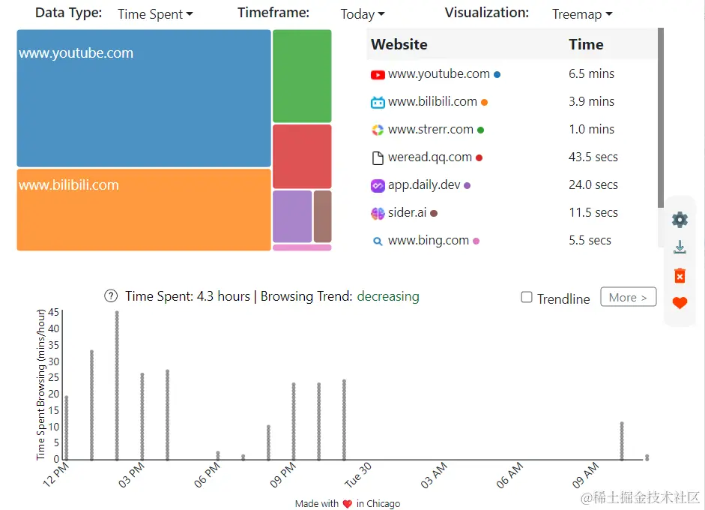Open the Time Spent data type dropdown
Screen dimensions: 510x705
(155, 14)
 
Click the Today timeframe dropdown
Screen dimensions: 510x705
(363, 14)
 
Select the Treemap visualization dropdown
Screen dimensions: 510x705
(582, 14)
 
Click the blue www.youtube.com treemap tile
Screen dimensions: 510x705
(143, 98)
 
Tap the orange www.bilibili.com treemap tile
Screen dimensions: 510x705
(143, 210)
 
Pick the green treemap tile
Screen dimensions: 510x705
(302, 76)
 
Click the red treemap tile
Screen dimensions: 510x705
(302, 156)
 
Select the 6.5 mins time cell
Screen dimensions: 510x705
(591, 74)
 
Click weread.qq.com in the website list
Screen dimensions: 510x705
(429, 157)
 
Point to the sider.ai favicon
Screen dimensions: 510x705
(378, 213)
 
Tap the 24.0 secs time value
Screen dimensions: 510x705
(593, 185)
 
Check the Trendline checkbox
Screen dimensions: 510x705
(527, 298)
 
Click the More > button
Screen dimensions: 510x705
(628, 298)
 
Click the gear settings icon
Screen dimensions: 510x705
(680, 220)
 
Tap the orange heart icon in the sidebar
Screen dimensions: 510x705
(680, 303)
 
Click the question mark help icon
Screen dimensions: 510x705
(111, 296)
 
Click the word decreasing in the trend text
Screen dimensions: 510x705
(387, 296)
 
